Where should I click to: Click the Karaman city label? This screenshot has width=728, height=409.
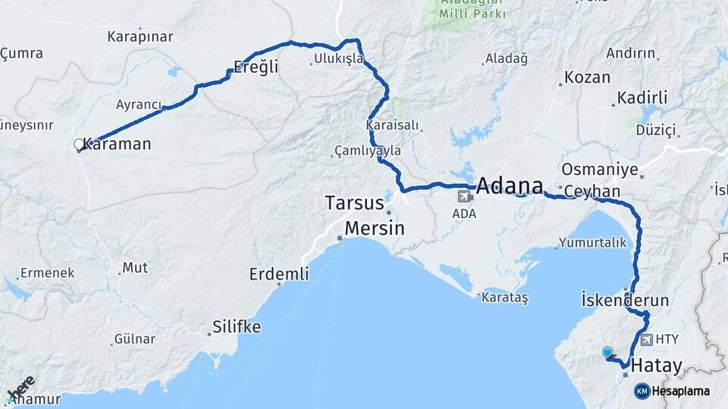click(121, 144)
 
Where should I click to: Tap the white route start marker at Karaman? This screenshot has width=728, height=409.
click(79, 144)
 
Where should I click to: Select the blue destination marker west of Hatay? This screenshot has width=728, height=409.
click(607, 352)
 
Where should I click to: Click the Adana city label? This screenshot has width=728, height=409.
click(510, 186)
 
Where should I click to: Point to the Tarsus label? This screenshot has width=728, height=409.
click(354, 203)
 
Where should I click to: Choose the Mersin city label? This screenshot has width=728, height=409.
click(374, 228)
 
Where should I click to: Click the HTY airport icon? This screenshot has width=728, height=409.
click(646, 340)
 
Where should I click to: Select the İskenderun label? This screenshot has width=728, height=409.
click(625, 300)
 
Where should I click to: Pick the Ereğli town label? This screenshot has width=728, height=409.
click(256, 67)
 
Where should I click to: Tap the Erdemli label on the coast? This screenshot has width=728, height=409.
click(279, 274)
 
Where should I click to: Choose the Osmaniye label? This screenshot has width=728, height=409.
click(600, 169)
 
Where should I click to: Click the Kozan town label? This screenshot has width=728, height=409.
click(587, 78)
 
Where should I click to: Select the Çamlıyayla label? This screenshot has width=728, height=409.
click(369, 151)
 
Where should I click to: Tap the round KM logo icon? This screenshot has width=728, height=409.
click(642, 391)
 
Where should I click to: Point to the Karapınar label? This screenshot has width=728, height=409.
click(140, 36)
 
